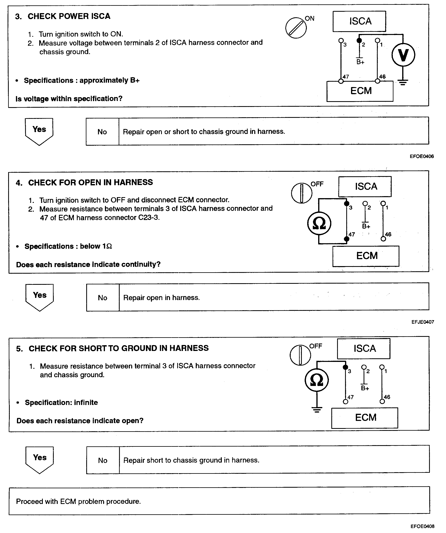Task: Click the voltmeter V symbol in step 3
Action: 403,55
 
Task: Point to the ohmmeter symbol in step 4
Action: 319,223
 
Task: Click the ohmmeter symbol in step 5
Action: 317,380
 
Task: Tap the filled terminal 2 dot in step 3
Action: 359,41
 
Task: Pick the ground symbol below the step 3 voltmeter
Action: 403,82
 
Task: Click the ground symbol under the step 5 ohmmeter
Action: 317,409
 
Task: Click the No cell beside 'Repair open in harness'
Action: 103,298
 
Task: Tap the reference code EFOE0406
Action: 422,156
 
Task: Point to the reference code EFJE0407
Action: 423,322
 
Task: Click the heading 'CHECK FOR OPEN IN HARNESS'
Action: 91,182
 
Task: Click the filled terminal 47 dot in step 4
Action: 346,239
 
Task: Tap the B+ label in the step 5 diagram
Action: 365,388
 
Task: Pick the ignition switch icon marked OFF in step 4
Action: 302,193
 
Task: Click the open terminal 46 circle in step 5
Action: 382,401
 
